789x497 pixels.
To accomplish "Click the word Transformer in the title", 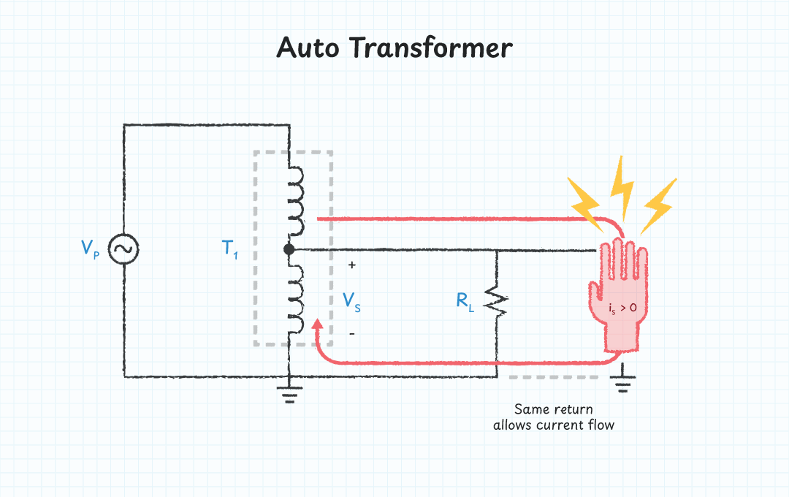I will pos(430,48).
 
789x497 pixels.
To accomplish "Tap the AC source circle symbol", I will pos(123,249).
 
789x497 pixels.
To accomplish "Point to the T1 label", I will pos(230,249).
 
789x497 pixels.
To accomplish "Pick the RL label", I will pos(465,300).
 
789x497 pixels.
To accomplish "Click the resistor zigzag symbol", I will pos(497,300).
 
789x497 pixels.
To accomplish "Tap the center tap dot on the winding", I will pos(289,249).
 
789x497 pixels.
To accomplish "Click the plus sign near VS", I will pos(351,266).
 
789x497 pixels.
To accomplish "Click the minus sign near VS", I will pos(351,334).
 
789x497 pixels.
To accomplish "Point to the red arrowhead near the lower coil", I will pos(318,325).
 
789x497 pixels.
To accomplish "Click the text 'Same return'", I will pos(553,409).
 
